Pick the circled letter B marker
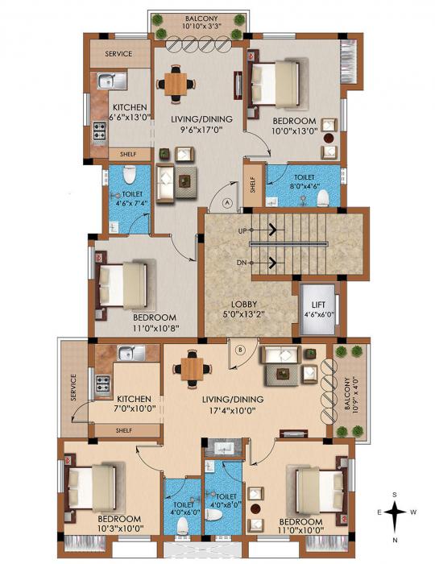click(241, 349)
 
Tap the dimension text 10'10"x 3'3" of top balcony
click(197, 26)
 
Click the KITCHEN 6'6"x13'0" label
click(129, 113)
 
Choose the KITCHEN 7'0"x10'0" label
click(135, 404)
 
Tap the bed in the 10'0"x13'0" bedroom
click(277, 80)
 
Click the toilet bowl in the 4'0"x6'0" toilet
click(181, 525)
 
